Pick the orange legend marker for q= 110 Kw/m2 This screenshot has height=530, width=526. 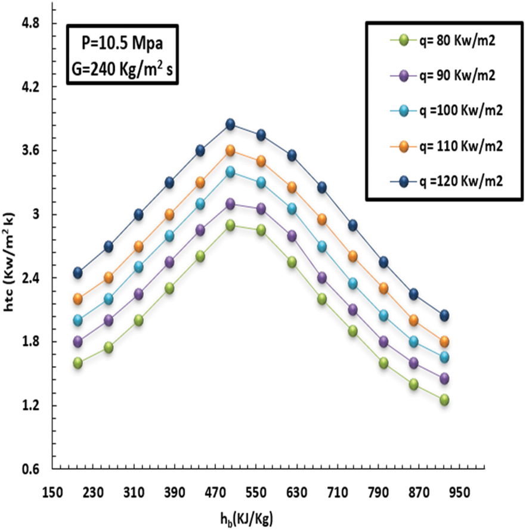pyautogui.click(x=403, y=146)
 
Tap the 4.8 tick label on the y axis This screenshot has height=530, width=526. pyautogui.click(x=30, y=24)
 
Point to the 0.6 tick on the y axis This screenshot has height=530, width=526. pyautogui.click(x=30, y=469)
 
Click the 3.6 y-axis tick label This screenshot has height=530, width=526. pyautogui.click(x=30, y=151)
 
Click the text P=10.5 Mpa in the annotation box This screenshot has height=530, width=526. pyautogui.click(x=120, y=42)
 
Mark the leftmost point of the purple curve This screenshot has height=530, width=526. pyautogui.click(x=78, y=342)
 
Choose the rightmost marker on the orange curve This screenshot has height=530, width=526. pyautogui.click(x=444, y=342)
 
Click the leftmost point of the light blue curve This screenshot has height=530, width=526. pyautogui.click(x=78, y=320)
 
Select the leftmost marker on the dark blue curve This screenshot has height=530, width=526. pyautogui.click(x=78, y=272)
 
